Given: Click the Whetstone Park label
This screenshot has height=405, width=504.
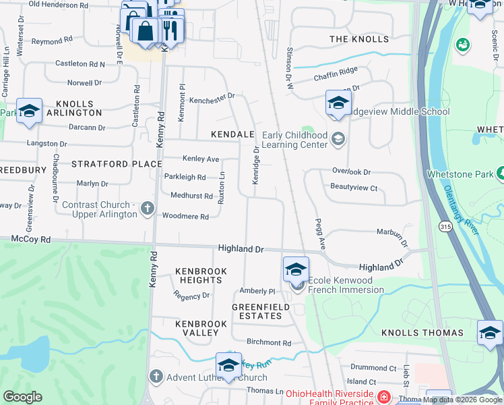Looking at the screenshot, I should (460, 174).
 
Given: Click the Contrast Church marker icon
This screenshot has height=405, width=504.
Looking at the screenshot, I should (148, 210).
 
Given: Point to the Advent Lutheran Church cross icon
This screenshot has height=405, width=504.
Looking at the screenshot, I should (156, 377).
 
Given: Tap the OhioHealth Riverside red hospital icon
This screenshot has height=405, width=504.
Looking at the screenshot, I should (384, 396).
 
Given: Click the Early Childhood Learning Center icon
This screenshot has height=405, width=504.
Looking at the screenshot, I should (338, 139).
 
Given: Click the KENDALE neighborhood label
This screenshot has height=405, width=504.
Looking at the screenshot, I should (232, 135).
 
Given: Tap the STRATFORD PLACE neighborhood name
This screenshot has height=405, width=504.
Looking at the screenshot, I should (117, 164).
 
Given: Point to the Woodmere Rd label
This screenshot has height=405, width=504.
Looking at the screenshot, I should (186, 217).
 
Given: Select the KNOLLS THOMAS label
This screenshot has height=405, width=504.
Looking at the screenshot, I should (422, 333).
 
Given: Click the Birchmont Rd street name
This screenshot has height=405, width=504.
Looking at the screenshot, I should (268, 343).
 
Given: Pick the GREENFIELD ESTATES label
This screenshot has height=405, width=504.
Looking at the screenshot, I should (257, 311).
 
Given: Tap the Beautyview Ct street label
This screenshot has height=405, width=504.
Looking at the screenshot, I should (354, 188).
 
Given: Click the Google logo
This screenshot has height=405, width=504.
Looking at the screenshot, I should (22, 397).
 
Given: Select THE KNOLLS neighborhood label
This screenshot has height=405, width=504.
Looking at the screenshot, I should (359, 39).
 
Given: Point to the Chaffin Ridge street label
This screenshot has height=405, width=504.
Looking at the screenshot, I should (336, 78).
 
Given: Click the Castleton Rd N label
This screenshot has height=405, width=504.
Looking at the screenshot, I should (80, 64).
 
